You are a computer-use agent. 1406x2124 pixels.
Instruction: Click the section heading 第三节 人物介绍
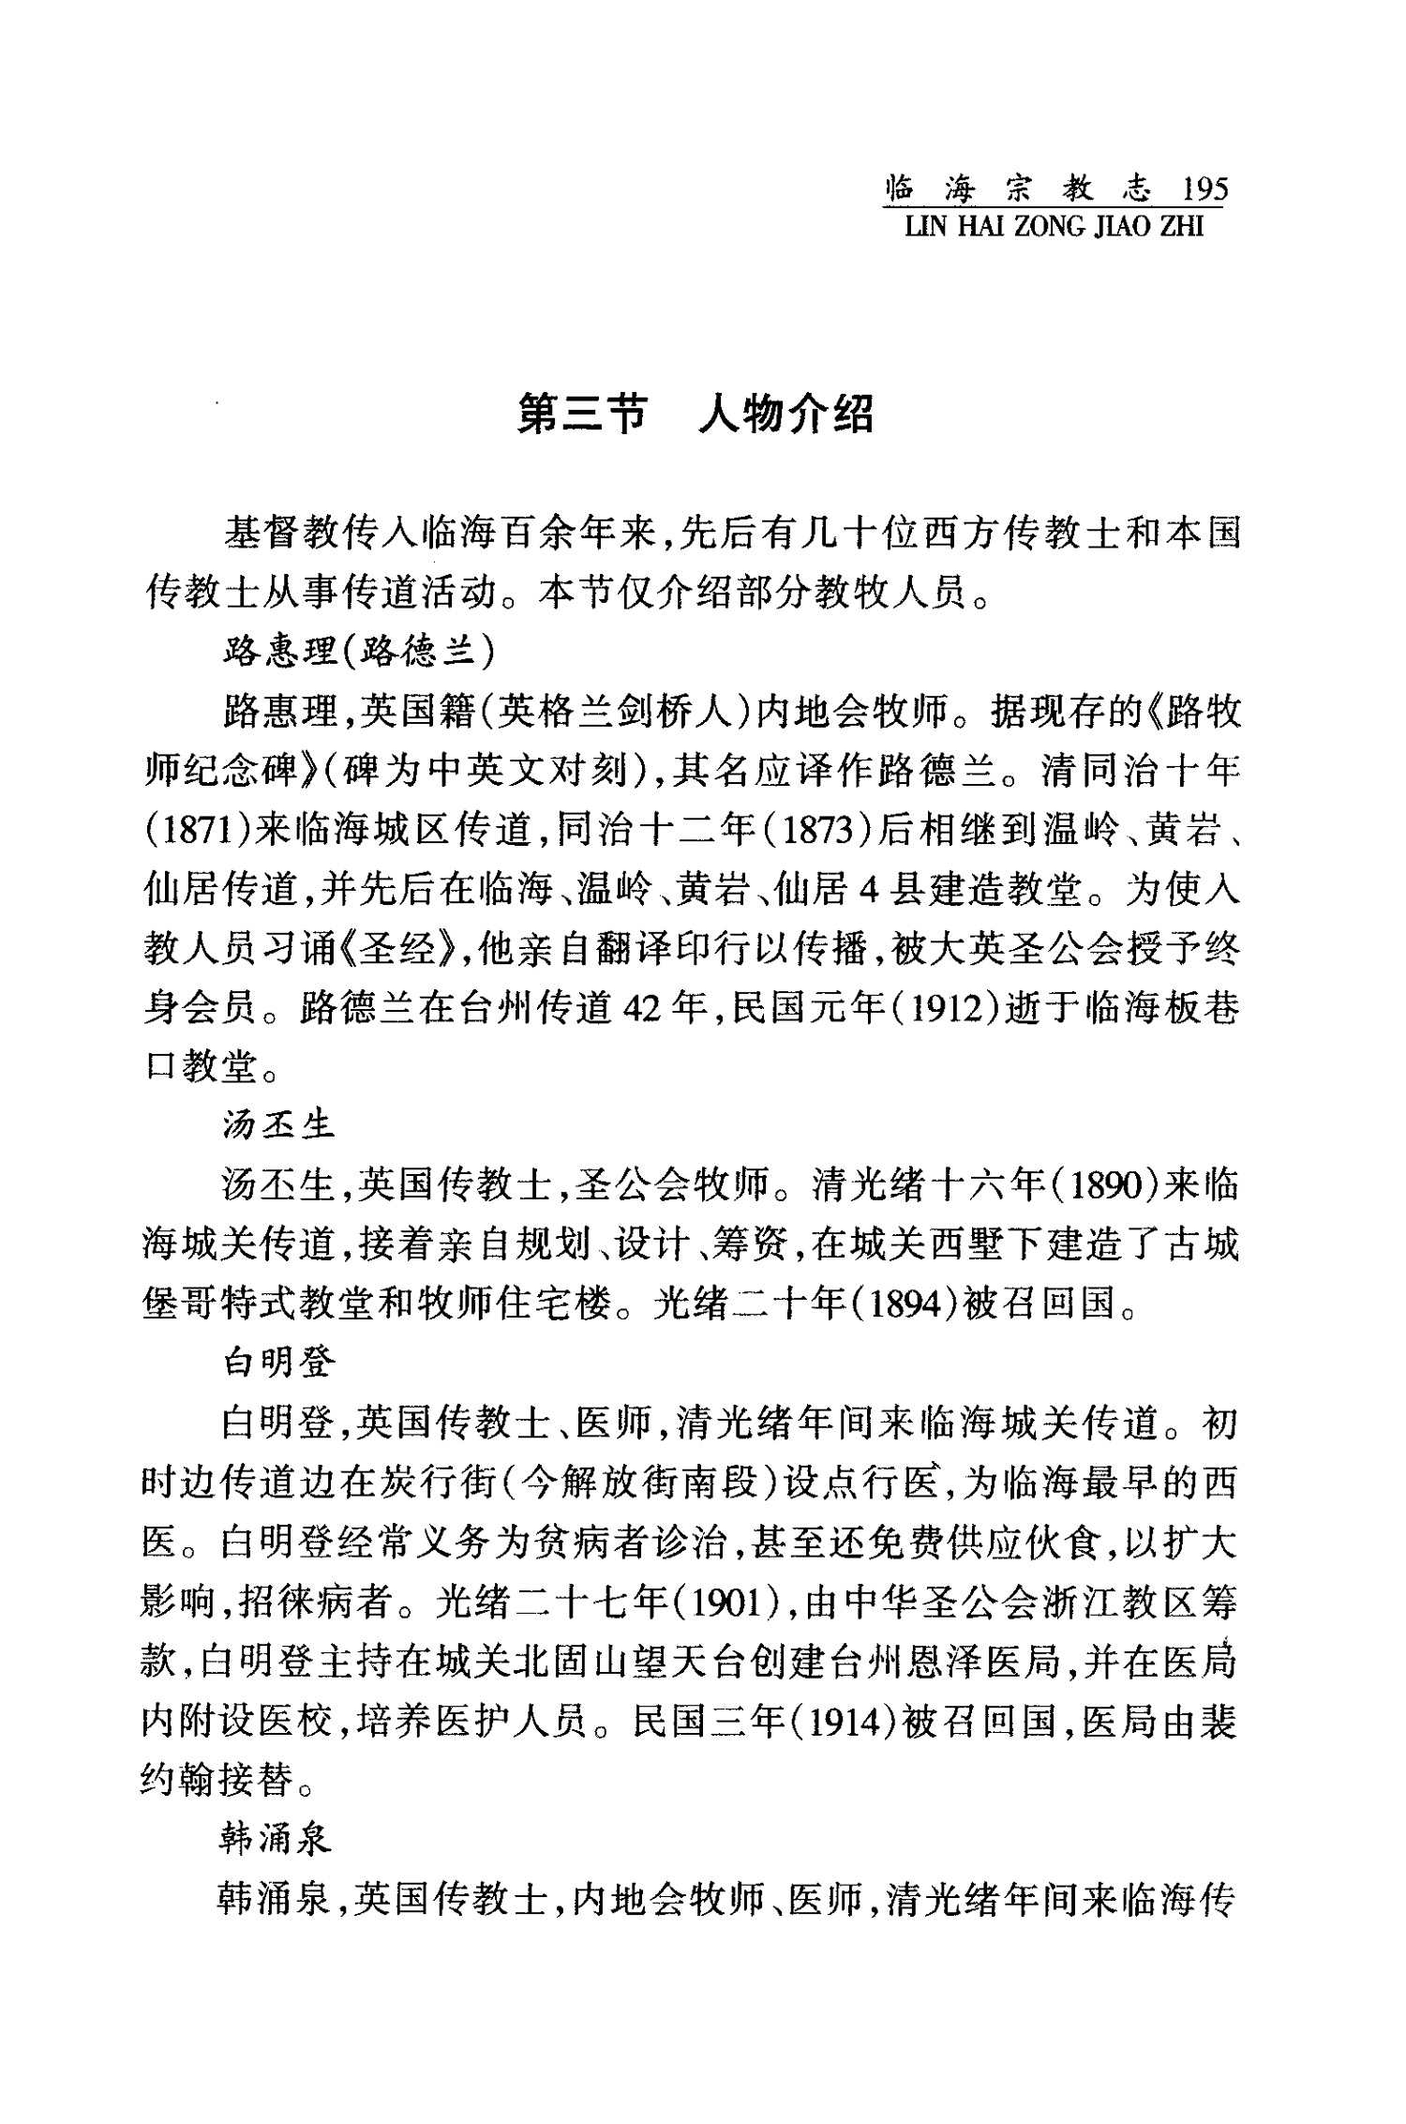point(696,414)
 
